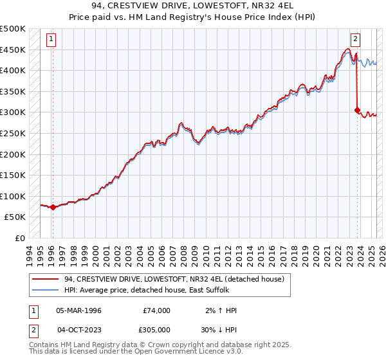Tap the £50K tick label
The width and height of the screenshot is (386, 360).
pos(15,217)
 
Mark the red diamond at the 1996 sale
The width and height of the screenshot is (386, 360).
pos(53,207)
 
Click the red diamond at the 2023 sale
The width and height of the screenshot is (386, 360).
pos(357,111)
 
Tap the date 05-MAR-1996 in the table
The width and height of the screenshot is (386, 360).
pos(79,310)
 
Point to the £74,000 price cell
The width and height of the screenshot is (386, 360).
pos(156,310)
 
